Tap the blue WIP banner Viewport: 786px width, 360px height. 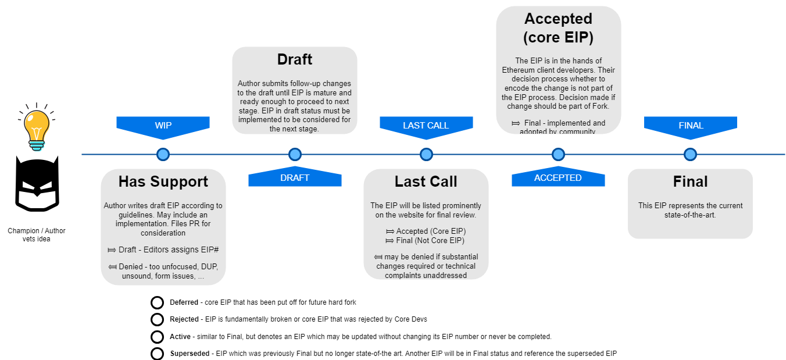(163, 126)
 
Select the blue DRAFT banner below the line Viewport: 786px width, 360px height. (295, 178)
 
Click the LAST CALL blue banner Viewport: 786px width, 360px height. (426, 126)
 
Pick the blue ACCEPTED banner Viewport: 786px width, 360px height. (558, 178)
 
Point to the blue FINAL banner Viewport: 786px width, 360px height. (691, 126)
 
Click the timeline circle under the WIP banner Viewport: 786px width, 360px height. (163, 154)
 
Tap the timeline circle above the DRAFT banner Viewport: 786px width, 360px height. (295, 154)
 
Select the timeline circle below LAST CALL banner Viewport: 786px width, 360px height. (426, 154)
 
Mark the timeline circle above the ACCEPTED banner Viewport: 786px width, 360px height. (558, 154)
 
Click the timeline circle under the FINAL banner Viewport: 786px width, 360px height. (690, 154)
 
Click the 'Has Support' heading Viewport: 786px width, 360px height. (163, 181)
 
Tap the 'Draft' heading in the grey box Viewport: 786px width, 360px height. (295, 59)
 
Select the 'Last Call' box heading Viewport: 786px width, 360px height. (426, 181)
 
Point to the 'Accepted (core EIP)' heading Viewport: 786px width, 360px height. (558, 28)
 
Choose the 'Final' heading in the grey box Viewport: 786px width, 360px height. (690, 181)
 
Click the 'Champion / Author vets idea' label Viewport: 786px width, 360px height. (36, 235)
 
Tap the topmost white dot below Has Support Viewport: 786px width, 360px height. (157, 302)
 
